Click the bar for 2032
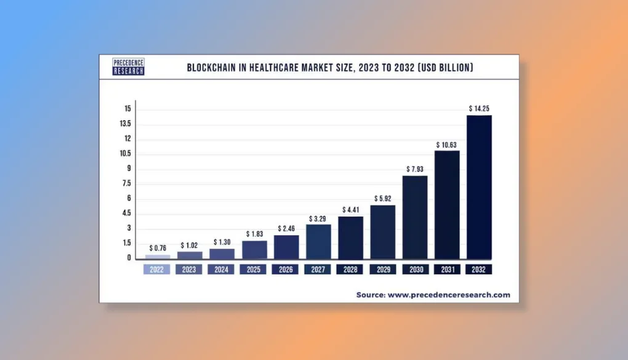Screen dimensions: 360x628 coord(479,186)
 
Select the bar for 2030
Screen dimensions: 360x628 coord(415,217)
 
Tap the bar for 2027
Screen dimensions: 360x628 coord(318,241)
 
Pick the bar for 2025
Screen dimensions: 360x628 coord(254,249)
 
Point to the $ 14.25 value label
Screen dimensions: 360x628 coord(479,108)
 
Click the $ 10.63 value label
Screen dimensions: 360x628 coord(447,145)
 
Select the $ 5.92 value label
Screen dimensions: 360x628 coord(383,199)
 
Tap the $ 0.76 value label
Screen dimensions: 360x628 coord(158,248)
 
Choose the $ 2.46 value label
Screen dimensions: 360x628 coord(286,228)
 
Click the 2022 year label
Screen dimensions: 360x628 coord(158,270)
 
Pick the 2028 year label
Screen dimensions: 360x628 coord(350,270)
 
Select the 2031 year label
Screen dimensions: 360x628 coord(447,270)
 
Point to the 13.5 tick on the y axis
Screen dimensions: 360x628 coord(126,124)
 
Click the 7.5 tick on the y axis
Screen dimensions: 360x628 coord(126,183)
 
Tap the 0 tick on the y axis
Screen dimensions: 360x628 coord(129,258)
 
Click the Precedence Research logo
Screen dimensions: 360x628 coord(129,67)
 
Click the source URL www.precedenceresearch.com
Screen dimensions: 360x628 coord(448,295)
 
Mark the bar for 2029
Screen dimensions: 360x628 coord(383,231)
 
